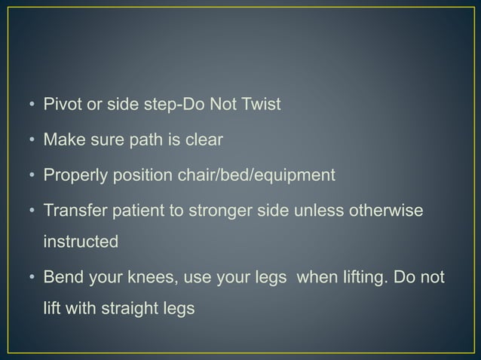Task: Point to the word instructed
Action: tap(81, 243)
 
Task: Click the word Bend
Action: tap(60, 278)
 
